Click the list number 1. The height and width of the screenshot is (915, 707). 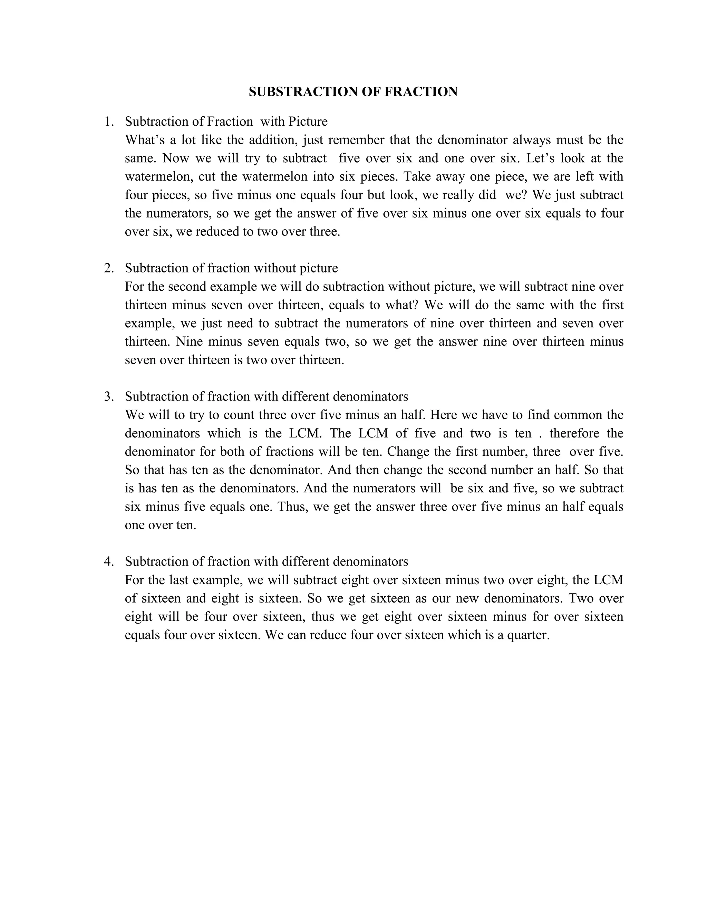coord(108,122)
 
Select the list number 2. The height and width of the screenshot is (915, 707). coord(108,268)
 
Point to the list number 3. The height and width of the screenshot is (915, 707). coord(108,396)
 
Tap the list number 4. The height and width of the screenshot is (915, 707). coord(108,561)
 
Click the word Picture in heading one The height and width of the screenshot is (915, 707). coord(308,122)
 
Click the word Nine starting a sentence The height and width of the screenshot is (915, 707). coord(189,342)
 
